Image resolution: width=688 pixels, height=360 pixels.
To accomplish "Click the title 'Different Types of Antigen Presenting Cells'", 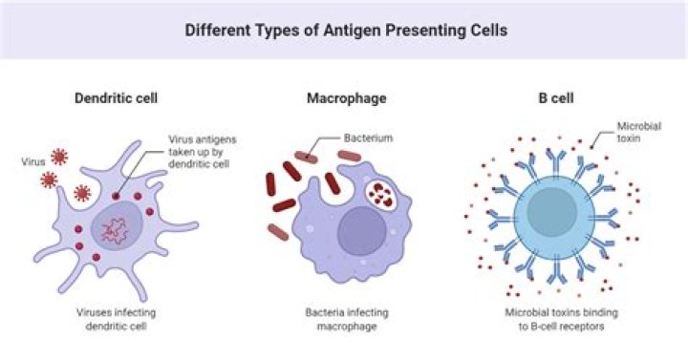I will coord(345,30).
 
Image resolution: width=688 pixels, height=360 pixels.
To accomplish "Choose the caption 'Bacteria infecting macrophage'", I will coord(346,320).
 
